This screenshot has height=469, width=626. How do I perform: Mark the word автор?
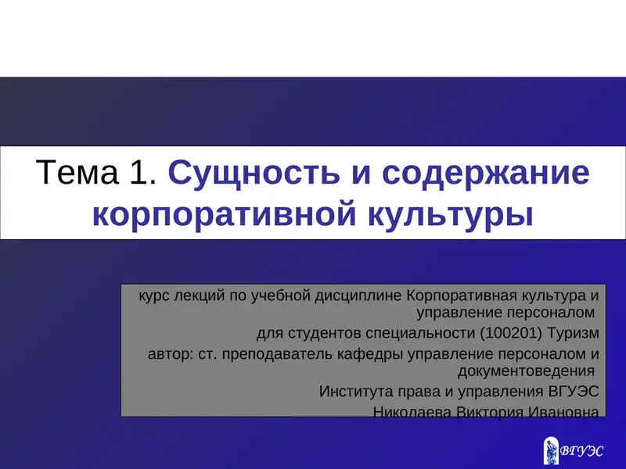pyautogui.click(x=167, y=354)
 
